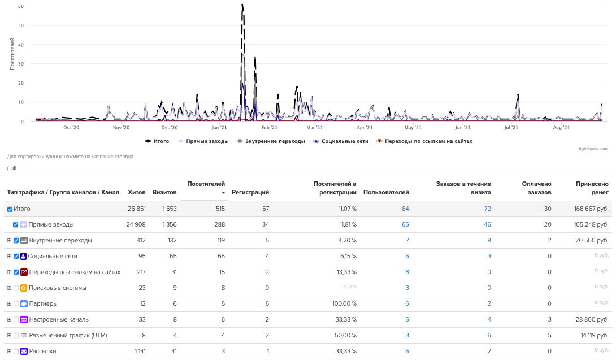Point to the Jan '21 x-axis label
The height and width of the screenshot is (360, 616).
click(219, 128)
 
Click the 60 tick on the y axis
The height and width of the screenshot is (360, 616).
click(20, 6)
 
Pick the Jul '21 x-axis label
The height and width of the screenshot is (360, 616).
click(511, 128)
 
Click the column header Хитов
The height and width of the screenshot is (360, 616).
click(137, 192)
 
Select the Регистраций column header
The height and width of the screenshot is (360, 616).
click(250, 192)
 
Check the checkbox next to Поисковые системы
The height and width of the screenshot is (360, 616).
click(16, 288)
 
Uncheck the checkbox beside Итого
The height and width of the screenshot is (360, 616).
click(10, 209)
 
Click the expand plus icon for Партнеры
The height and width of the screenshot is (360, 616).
click(9, 303)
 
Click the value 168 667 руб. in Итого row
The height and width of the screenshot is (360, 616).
click(591, 209)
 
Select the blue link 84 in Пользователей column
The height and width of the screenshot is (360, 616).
click(405, 209)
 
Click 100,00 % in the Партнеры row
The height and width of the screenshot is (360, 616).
click(344, 303)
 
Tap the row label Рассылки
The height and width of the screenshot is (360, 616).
click(42, 351)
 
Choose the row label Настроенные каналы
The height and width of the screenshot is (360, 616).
click(59, 319)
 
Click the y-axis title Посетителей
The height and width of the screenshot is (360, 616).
click(12, 53)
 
